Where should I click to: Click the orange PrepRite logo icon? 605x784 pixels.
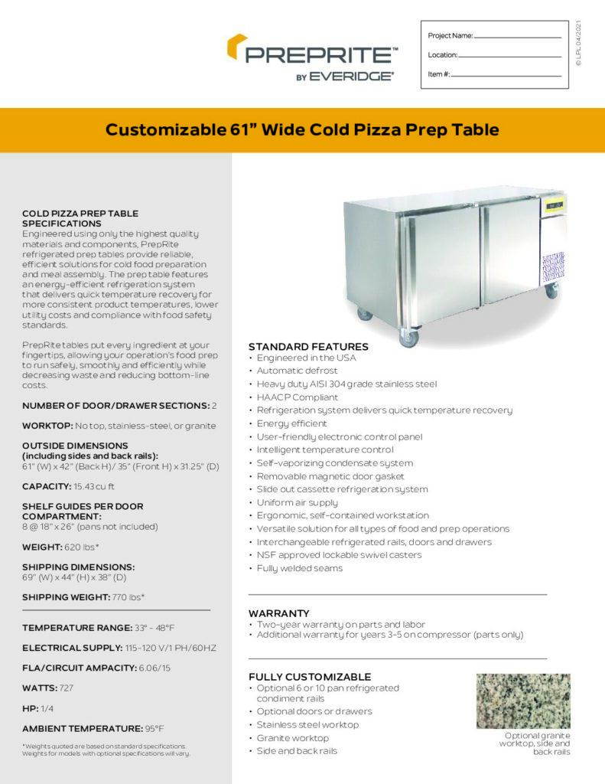click(x=237, y=47)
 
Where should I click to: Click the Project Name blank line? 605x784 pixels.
click(x=518, y=37)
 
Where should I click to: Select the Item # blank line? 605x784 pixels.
click(x=506, y=76)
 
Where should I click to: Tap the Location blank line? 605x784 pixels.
click(x=510, y=56)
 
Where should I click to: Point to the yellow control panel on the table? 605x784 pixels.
click(x=554, y=204)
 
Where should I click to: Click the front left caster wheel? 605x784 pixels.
click(x=409, y=338)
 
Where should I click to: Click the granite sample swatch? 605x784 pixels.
click(x=523, y=701)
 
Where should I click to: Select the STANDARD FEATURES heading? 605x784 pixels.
click(x=308, y=347)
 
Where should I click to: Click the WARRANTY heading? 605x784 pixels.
click(x=279, y=613)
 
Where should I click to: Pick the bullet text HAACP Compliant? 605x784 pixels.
click(x=298, y=397)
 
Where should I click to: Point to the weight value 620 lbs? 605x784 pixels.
click(x=83, y=547)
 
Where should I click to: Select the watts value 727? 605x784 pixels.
click(x=66, y=688)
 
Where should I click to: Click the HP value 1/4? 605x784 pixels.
click(x=47, y=708)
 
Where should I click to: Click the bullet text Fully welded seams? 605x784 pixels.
click(x=300, y=568)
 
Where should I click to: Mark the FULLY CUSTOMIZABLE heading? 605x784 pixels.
click(x=310, y=677)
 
